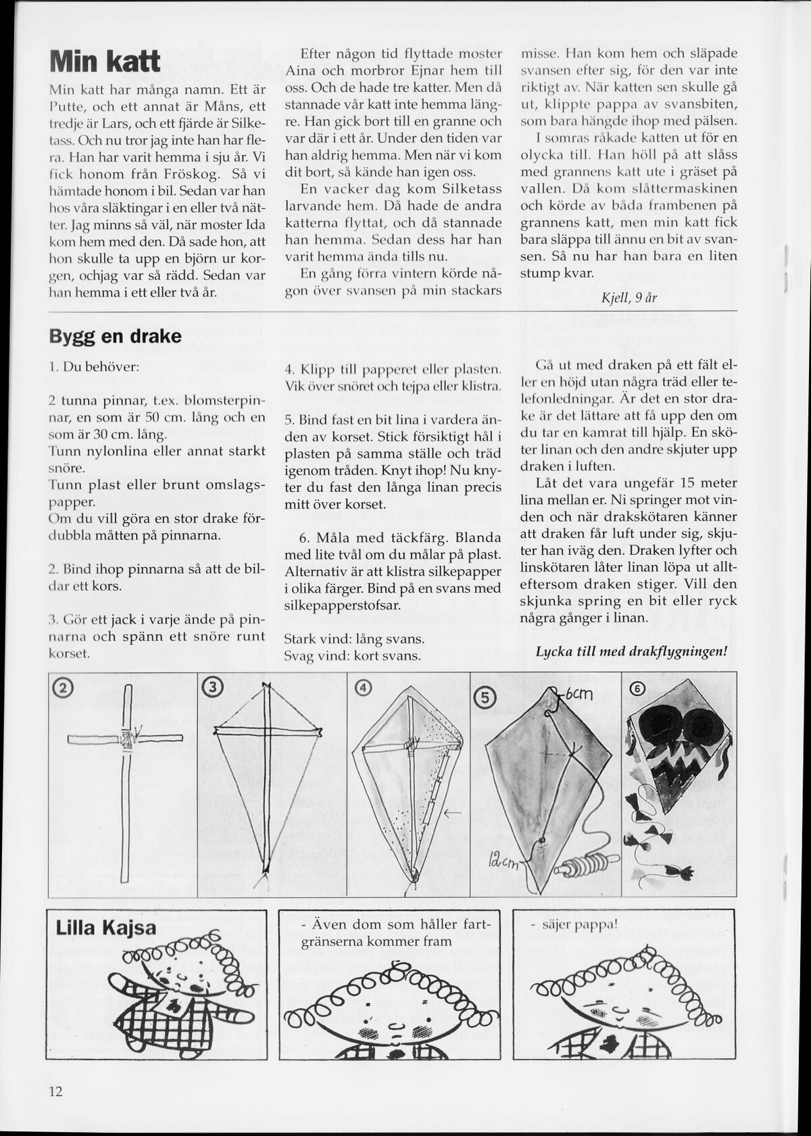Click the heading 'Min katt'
(105, 62)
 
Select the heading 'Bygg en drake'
(116, 336)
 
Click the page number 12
(55, 1091)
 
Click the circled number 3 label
(212, 688)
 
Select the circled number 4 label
(364, 688)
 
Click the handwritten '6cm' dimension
(578, 694)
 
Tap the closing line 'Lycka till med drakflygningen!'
(631, 651)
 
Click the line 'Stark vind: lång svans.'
(354, 639)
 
